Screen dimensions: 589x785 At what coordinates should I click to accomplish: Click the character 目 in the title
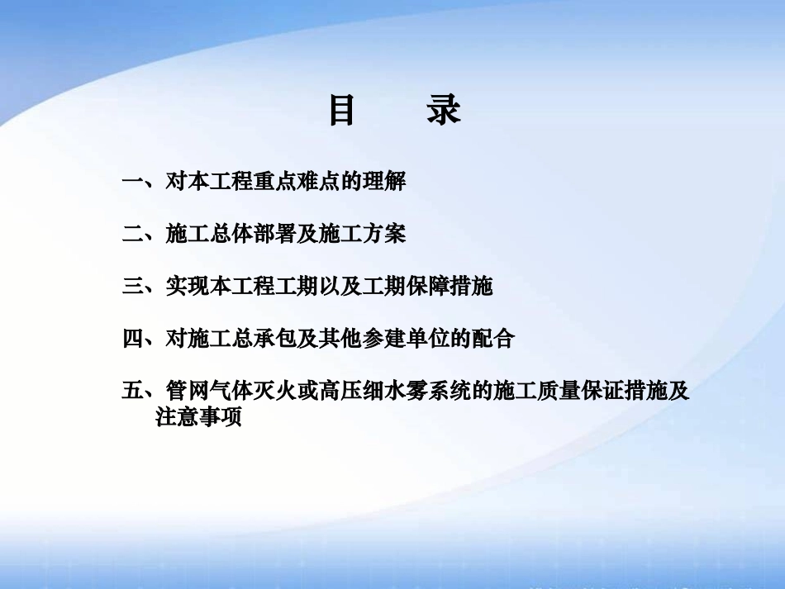coord(342,111)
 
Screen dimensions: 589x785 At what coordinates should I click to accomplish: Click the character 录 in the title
coord(444,111)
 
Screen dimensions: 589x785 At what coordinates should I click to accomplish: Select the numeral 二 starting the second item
coord(133,235)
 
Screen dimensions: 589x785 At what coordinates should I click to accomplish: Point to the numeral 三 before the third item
coord(133,287)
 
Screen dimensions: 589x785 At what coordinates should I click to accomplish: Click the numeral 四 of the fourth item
coord(133,339)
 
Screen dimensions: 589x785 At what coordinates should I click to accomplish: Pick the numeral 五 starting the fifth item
coord(133,391)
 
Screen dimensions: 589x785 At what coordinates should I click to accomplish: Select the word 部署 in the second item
coord(273,235)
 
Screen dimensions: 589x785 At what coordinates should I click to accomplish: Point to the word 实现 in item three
coord(187,287)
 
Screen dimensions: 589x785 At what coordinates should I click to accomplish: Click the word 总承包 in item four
coord(240,339)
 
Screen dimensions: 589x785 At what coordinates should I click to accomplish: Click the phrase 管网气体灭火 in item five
coord(230,391)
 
